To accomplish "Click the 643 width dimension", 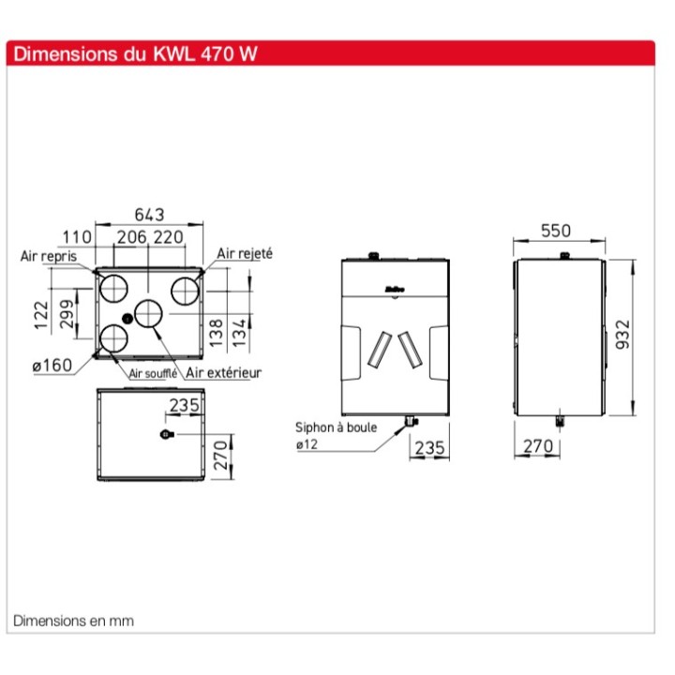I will click(x=150, y=214).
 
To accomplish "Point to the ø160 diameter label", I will click(x=52, y=366).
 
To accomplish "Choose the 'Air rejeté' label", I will click(x=244, y=253).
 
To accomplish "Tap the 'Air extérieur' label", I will click(x=223, y=372).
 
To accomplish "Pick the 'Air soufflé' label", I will click(x=153, y=373).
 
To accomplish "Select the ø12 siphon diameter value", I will click(x=307, y=443).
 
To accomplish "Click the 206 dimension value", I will click(x=132, y=238).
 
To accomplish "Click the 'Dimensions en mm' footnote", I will click(x=73, y=621).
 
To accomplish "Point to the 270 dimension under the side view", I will click(x=538, y=447).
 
